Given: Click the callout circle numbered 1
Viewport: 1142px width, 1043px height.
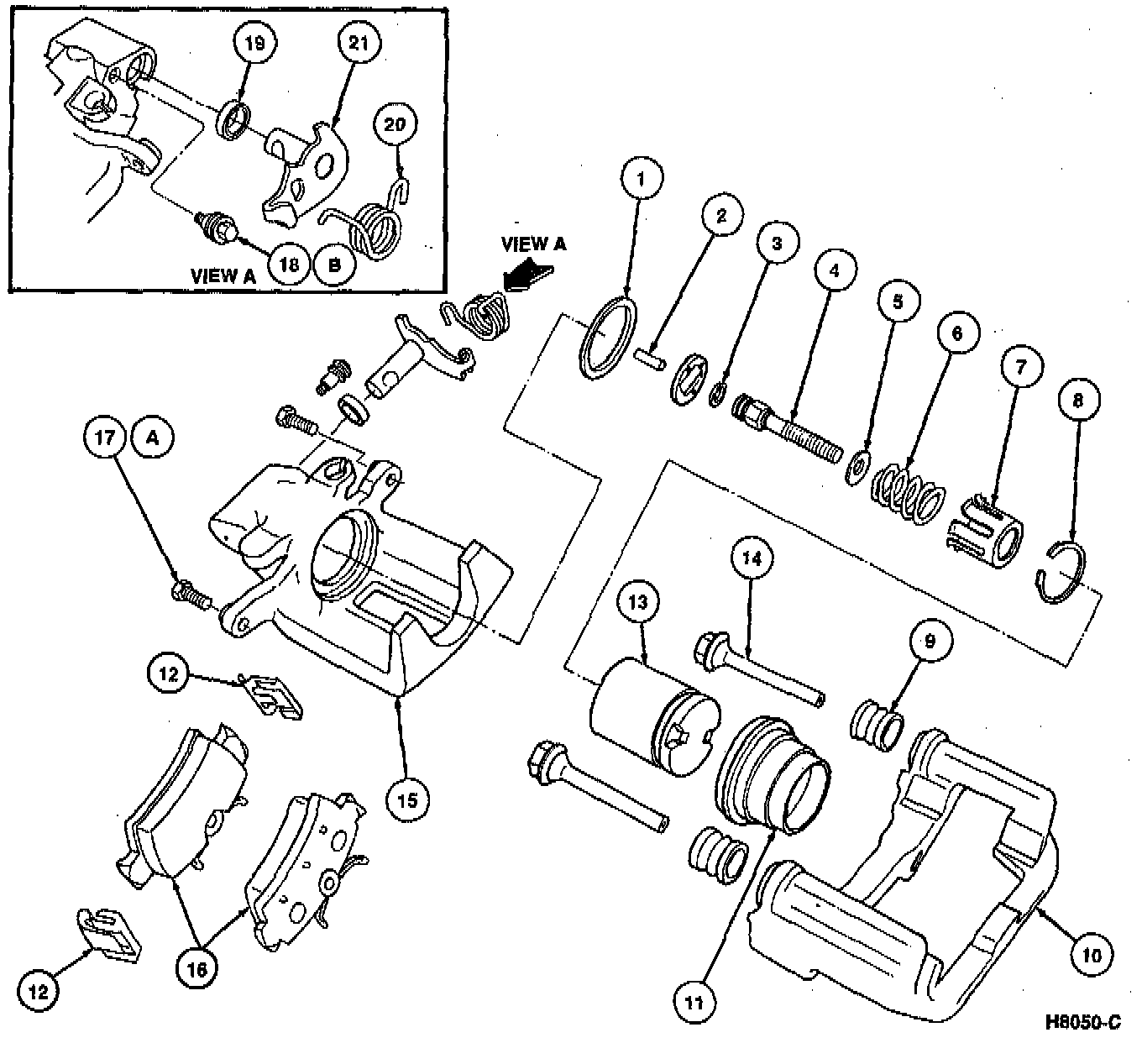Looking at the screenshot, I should click(641, 179).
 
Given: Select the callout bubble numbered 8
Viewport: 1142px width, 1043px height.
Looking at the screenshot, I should click(1078, 401).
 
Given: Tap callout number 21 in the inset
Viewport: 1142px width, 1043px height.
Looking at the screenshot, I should click(359, 44).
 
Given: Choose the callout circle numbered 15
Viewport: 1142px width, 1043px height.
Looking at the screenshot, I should click(406, 799).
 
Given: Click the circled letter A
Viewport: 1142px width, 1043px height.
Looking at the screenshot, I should click(153, 438).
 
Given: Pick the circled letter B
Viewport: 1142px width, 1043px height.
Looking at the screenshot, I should click(334, 265).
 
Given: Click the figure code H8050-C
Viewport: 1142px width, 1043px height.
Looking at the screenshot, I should click(1082, 1022).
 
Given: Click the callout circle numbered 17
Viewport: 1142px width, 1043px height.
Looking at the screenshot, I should click(104, 438).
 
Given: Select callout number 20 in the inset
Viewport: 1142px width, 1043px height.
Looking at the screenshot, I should click(395, 125).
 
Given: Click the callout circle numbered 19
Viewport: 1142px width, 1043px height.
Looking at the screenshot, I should click(254, 44).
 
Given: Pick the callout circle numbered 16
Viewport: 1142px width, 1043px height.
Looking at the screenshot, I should click(196, 967).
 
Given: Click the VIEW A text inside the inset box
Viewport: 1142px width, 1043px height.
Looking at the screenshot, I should click(224, 275).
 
